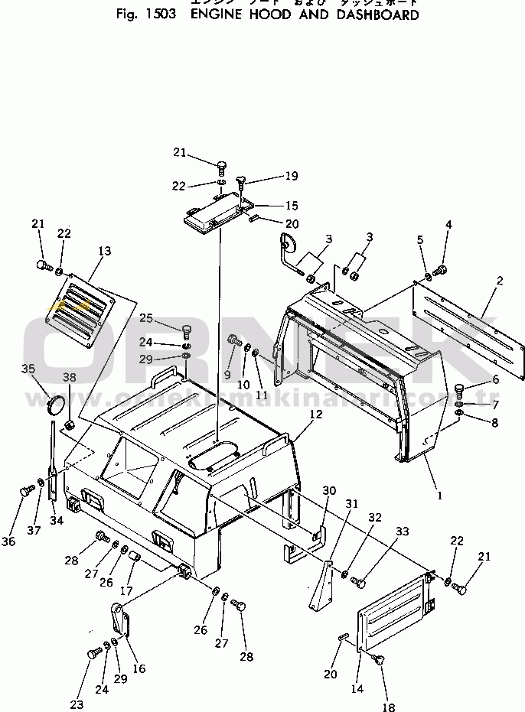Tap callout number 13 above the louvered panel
[104, 250]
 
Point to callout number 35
[28, 368]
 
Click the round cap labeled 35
[54, 405]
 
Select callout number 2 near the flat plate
[499, 281]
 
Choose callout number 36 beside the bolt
[8, 541]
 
